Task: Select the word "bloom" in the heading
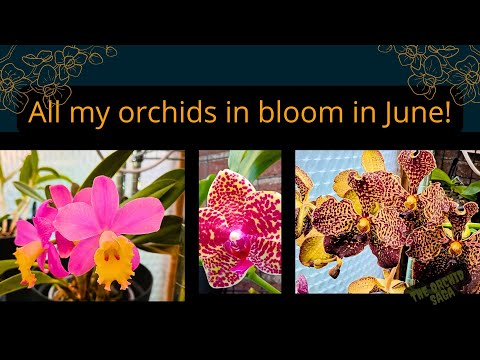tap(291, 113)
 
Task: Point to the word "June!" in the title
tap(416, 113)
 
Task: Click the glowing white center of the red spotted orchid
tap(237, 235)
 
